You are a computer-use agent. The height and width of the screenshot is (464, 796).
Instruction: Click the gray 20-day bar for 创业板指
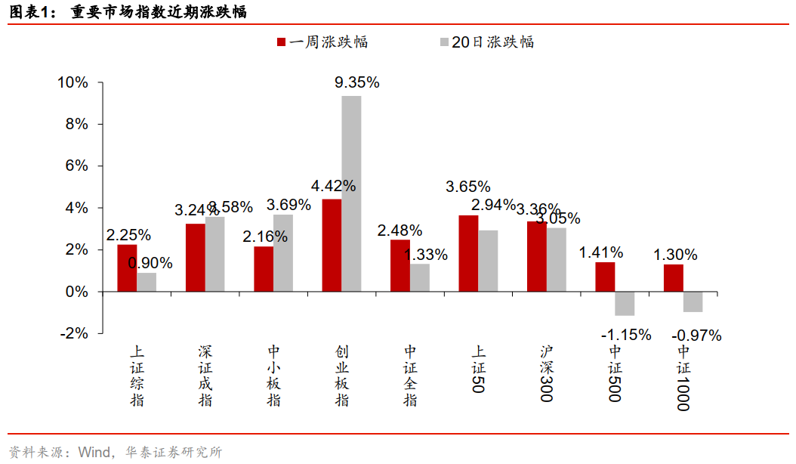(351, 193)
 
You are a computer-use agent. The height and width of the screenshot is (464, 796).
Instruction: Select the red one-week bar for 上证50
(468, 253)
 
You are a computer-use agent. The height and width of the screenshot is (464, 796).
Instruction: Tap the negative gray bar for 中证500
(625, 303)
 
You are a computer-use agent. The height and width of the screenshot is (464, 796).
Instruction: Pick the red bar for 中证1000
(674, 277)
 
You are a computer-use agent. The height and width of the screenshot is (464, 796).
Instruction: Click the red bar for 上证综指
(127, 268)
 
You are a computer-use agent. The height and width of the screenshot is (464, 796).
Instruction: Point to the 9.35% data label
(357, 82)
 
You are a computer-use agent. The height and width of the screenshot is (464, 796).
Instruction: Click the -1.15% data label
(626, 334)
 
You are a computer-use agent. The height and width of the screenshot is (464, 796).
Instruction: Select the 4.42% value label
(334, 186)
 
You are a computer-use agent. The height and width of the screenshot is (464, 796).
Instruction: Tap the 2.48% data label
(400, 230)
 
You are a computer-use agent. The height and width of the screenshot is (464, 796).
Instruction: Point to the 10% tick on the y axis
(73, 82)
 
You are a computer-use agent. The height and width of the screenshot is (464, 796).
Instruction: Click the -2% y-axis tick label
(76, 333)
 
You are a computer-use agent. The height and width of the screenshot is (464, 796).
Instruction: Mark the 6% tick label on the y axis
(78, 165)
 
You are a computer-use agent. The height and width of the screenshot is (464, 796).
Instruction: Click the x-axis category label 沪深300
(547, 374)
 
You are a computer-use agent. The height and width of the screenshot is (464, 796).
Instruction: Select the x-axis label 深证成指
(205, 376)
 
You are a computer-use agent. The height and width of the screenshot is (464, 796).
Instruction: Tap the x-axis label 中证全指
(410, 376)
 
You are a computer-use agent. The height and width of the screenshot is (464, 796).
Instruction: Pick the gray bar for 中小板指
(283, 252)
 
